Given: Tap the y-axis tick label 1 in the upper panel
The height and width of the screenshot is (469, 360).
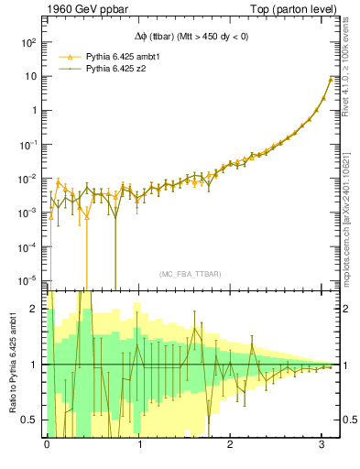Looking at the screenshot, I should pyautogui.click(x=33, y=110).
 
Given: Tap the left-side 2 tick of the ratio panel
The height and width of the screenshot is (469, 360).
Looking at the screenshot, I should pyautogui.click(x=36, y=309).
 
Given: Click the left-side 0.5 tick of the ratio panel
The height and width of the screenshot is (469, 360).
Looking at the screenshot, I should pyautogui.click(x=31, y=420).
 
